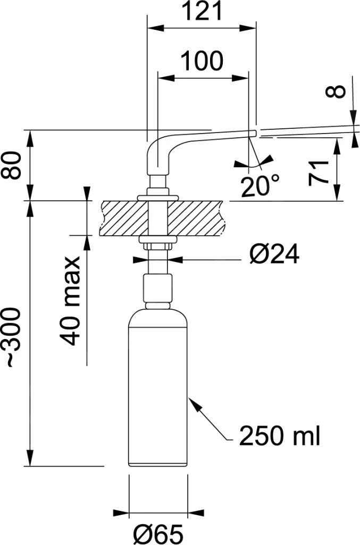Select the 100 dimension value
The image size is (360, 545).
point(202,62)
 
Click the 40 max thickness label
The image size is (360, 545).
point(71,301)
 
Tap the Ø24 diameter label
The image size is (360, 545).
point(274,256)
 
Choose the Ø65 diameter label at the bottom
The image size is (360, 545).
point(158,533)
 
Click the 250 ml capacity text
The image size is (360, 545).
point(280,436)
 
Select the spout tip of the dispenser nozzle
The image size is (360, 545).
point(253,131)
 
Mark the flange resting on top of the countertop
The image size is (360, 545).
point(157,198)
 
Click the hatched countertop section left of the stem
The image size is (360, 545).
point(123,218)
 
